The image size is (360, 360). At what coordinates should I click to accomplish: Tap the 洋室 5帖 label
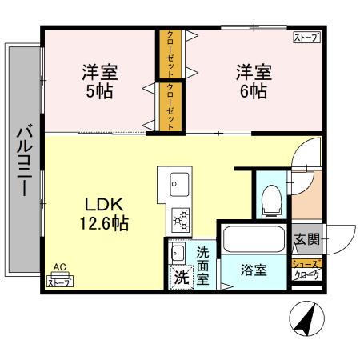(99, 80)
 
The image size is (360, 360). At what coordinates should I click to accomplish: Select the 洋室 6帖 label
(252, 80)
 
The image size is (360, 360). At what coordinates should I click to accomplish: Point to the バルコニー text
(23, 160)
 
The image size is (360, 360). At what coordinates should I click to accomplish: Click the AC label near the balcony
(58, 268)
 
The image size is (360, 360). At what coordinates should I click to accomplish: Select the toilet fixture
(271, 197)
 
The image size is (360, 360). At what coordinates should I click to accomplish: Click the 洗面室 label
(203, 266)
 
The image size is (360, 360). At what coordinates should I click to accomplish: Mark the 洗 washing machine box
(181, 279)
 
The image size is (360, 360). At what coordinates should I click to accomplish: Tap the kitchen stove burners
(179, 218)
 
